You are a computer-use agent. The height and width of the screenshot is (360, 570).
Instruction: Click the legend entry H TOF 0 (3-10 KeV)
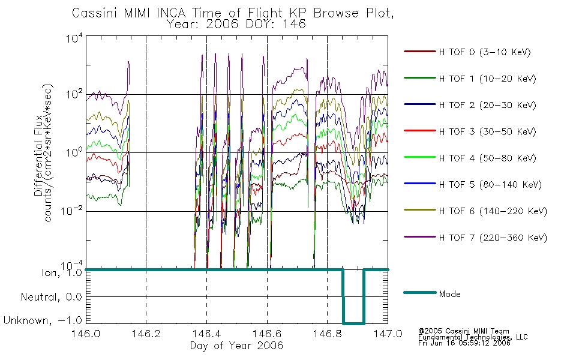485,52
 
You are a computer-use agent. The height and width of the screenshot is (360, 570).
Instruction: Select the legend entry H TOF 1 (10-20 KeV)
487,79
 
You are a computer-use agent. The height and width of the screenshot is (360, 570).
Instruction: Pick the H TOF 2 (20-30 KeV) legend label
487,105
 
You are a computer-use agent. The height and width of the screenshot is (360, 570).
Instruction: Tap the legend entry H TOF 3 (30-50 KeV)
487,131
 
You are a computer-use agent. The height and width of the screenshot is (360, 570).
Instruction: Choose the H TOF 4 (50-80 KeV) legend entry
487,158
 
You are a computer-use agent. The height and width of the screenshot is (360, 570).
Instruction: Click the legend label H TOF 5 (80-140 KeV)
490,185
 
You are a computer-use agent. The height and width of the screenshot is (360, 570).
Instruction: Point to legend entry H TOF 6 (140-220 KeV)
493,211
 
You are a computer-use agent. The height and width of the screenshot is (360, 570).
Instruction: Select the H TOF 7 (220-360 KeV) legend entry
493,238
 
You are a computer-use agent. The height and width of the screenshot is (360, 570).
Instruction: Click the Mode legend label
449,294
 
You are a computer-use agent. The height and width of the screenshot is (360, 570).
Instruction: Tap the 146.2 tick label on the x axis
146,334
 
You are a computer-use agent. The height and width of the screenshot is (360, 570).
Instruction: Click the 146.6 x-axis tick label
267,334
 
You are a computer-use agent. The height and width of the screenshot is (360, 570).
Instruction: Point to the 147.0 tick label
388,334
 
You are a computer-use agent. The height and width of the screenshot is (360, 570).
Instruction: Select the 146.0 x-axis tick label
86,334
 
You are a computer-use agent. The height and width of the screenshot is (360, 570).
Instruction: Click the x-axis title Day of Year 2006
236,346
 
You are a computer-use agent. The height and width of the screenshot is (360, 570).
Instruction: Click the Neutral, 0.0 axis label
51,297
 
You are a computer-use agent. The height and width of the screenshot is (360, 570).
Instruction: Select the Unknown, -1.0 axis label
43,320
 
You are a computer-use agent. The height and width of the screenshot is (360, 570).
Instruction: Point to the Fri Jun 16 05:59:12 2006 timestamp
464,343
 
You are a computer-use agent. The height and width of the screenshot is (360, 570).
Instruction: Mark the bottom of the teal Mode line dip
354,323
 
